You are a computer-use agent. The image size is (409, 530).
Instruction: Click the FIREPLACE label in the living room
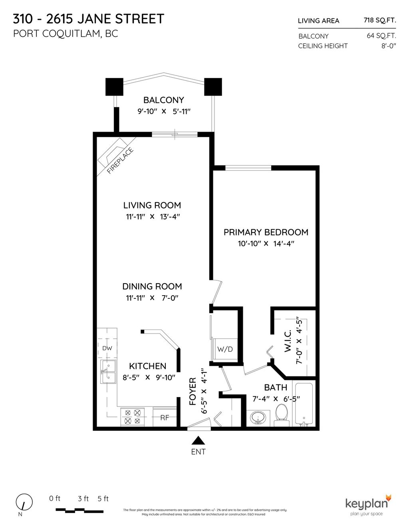click(120, 161)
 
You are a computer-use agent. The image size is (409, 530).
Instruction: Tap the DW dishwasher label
click(107, 348)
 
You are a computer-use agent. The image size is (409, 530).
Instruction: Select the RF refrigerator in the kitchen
click(165, 417)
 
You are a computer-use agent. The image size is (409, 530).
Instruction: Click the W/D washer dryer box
click(224, 349)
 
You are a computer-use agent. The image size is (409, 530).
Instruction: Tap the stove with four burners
click(133, 416)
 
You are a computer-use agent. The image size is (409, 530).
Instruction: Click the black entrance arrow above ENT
click(198, 440)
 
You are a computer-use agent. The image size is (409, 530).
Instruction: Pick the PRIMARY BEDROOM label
click(266, 232)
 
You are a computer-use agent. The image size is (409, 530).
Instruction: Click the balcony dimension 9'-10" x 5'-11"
click(164, 112)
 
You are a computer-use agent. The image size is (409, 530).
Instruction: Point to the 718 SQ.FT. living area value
click(379, 20)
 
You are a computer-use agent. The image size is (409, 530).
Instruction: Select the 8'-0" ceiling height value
click(388, 46)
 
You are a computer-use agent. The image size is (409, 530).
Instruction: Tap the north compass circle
click(24, 502)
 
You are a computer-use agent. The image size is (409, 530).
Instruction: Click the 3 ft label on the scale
click(83, 499)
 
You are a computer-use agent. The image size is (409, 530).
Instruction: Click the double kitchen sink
click(108, 372)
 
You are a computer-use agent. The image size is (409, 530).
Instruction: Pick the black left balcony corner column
click(114, 87)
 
